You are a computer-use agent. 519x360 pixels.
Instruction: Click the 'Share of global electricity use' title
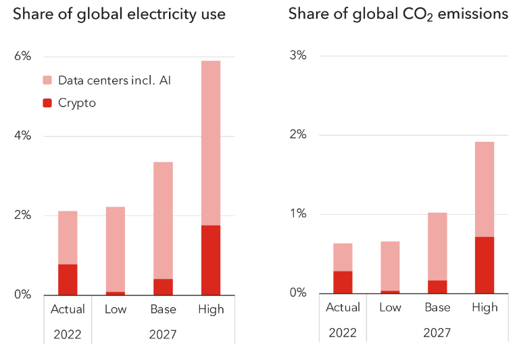119,14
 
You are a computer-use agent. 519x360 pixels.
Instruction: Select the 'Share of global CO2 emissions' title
398,14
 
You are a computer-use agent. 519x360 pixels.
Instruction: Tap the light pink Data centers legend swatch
47,80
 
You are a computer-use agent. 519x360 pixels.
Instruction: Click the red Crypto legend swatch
47,103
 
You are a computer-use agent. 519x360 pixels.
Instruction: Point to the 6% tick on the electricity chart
23,56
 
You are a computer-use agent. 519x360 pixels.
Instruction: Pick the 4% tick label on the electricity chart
23,136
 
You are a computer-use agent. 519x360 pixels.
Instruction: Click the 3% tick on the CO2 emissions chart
297,55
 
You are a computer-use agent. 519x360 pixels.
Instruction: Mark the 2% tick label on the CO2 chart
297,134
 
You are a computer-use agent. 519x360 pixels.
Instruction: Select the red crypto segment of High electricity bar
211,260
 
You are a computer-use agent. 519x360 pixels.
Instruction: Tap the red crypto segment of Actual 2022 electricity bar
68,280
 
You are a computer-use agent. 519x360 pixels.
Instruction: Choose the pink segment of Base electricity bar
163,220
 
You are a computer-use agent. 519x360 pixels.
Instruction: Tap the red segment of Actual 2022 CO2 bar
343,282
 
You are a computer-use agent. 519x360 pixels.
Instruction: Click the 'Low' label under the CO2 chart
390,307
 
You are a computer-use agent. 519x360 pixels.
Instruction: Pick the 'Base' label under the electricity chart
163,309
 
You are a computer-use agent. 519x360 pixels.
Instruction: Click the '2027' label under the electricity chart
163,334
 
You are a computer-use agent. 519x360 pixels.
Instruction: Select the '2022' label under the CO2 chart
343,333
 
